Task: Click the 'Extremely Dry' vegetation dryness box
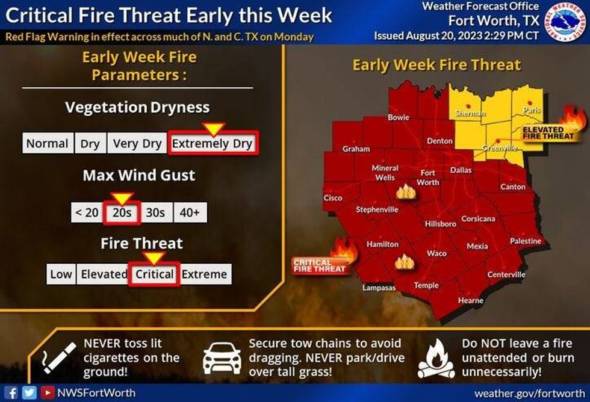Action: click(213, 144)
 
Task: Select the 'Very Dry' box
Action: click(137, 144)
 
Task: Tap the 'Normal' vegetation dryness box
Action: click(47, 144)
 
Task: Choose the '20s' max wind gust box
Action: click(122, 212)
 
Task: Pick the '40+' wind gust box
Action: click(190, 212)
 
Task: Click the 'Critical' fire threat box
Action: click(155, 274)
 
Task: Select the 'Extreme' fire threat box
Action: click(205, 274)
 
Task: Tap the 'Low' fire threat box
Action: click(61, 274)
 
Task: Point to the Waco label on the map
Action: click(436, 253)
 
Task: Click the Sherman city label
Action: click(471, 113)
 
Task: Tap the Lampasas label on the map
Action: click(379, 288)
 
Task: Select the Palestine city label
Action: click(526, 241)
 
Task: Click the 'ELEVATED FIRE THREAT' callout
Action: click(544, 133)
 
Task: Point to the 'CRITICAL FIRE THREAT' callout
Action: click(320, 265)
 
